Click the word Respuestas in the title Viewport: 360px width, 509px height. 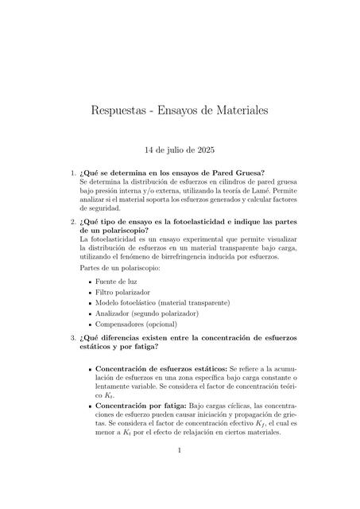126,112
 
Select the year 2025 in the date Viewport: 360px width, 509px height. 203,150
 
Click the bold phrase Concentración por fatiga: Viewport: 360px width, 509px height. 140,406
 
